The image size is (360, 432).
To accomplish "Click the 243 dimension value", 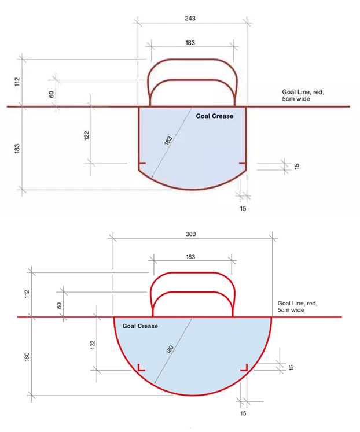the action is [190, 19].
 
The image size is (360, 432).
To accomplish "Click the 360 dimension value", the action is [191, 234].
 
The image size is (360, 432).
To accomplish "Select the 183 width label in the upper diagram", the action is [190, 43].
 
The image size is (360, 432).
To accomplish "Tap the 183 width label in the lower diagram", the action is [190, 257].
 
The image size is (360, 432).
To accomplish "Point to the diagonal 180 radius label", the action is [170, 349].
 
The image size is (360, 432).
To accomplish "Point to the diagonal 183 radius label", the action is [168, 140].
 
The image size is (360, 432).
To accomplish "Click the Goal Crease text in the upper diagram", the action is [215, 116].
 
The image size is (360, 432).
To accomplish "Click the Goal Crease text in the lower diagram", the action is [140, 326].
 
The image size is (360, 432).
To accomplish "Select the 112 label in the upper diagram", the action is [17, 82].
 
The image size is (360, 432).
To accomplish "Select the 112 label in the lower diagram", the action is [27, 294].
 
